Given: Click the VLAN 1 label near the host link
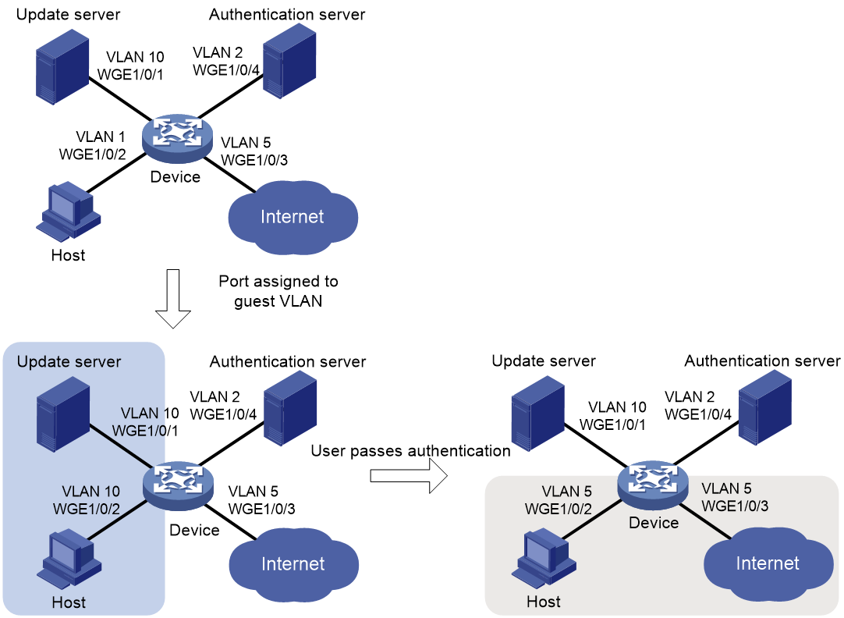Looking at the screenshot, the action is pyautogui.click(x=100, y=137).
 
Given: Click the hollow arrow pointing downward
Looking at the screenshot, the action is pyautogui.click(x=173, y=298).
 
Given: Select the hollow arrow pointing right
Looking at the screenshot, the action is pyautogui.click(x=409, y=476).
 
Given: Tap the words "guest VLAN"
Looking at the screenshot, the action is pyautogui.click(x=278, y=301).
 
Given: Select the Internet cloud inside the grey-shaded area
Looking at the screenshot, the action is pyautogui.click(x=768, y=563).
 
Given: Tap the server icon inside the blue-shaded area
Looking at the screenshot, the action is pyautogui.click(x=63, y=414).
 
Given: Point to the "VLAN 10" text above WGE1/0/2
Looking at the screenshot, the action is pyautogui.click(x=90, y=492).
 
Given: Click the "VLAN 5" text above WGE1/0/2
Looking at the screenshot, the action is pyautogui.click(x=566, y=492).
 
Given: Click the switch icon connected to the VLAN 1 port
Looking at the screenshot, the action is pyautogui.click(x=177, y=138).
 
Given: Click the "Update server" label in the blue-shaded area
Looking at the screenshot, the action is pyautogui.click(x=69, y=361).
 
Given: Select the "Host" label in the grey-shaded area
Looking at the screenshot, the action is pyautogui.click(x=544, y=602).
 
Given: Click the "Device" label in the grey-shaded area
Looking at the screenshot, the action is pyautogui.click(x=654, y=523).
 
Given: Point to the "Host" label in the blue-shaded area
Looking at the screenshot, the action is pyautogui.click(x=69, y=602).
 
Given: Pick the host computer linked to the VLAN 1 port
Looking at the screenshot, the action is pyautogui.click(x=69, y=211).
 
